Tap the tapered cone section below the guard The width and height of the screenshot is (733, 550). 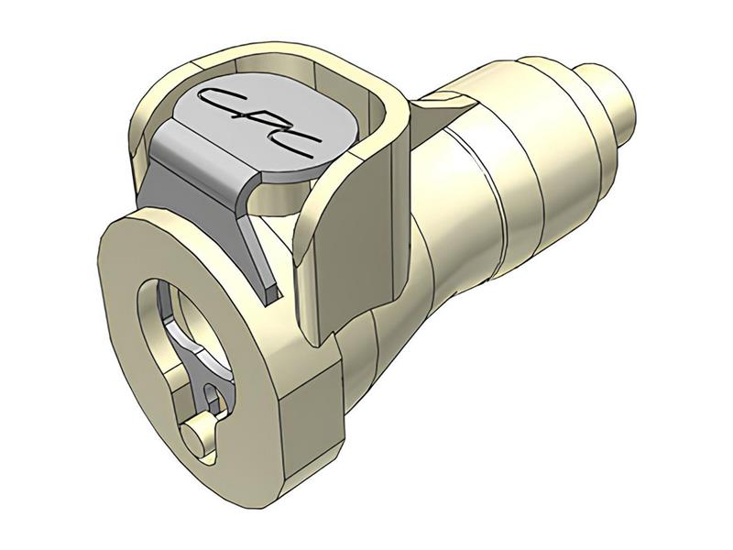[385, 348]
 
